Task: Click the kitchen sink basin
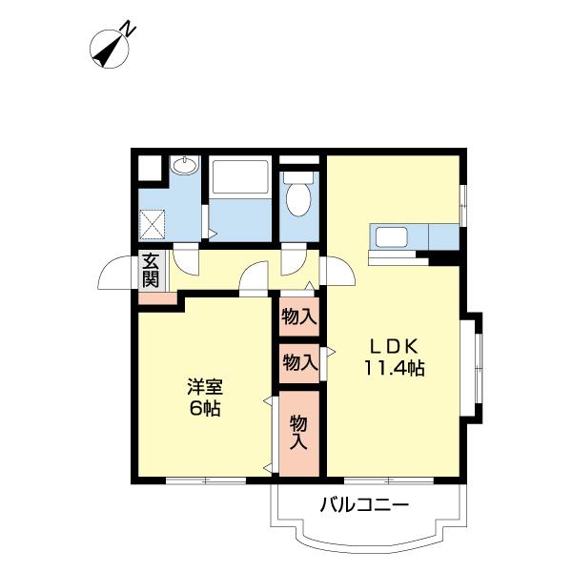click(392, 236)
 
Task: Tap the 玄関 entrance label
click(151, 269)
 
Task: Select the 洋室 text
click(204, 388)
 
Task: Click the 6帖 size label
click(204, 409)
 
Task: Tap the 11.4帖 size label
click(392, 368)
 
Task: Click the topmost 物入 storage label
click(299, 316)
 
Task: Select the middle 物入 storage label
click(299, 362)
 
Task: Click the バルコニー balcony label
click(363, 503)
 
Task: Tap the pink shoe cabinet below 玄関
click(157, 298)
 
